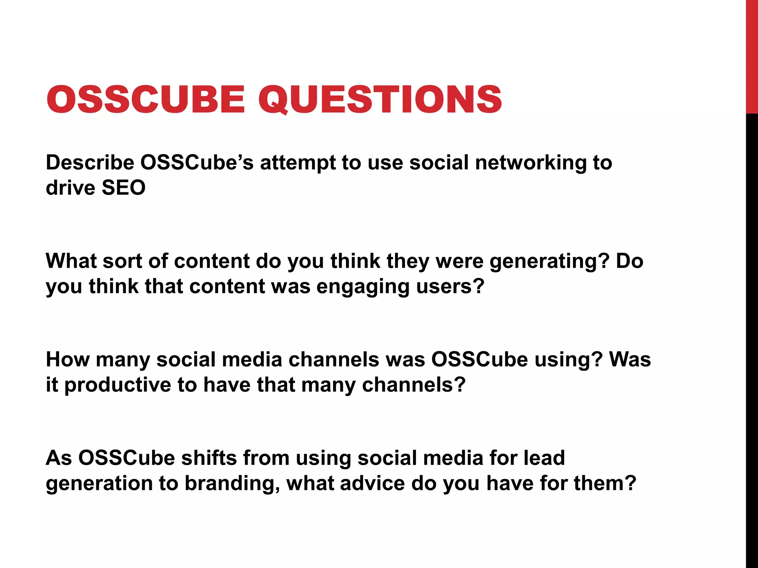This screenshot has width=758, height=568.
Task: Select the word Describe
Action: click(90, 163)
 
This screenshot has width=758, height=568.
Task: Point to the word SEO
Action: click(123, 188)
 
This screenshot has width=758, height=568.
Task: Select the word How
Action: click(67, 359)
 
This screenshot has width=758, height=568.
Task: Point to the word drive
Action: click(70, 188)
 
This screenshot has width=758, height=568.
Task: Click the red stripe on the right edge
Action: click(752, 55)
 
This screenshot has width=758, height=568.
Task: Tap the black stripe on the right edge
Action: click(752, 333)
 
